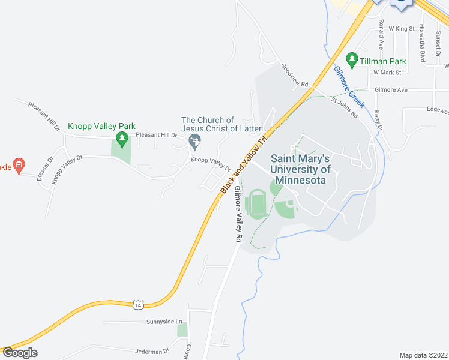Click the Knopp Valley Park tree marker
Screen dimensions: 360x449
point(122,139)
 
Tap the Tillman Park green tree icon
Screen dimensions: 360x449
point(353,60)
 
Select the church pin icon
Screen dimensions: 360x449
point(194,142)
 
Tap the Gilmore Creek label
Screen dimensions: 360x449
point(348,86)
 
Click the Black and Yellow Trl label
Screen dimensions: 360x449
point(243,163)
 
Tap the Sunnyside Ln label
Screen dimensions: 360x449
point(164,322)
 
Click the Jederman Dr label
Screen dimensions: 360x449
point(153,349)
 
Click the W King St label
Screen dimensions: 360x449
point(402,28)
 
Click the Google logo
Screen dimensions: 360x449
point(20,353)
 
